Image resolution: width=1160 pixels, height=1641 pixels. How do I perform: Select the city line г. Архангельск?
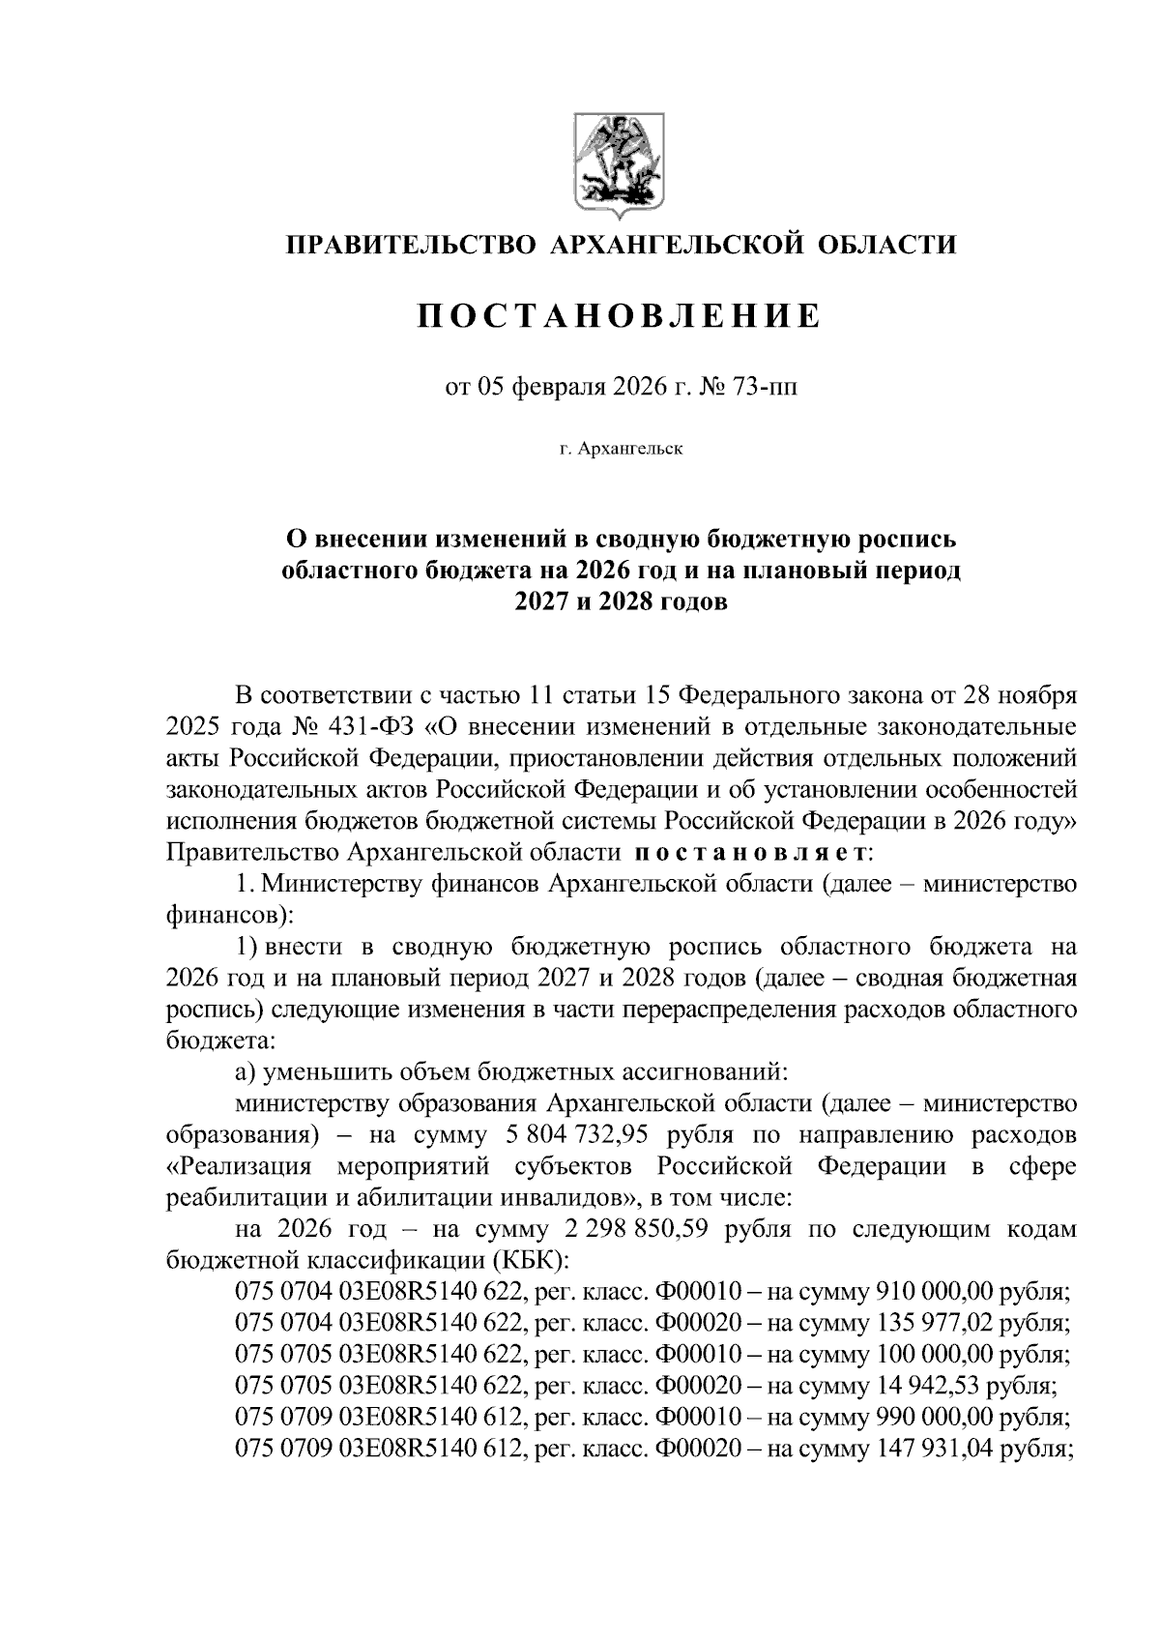point(620,450)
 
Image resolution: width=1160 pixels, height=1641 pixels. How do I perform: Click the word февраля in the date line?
point(558,388)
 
